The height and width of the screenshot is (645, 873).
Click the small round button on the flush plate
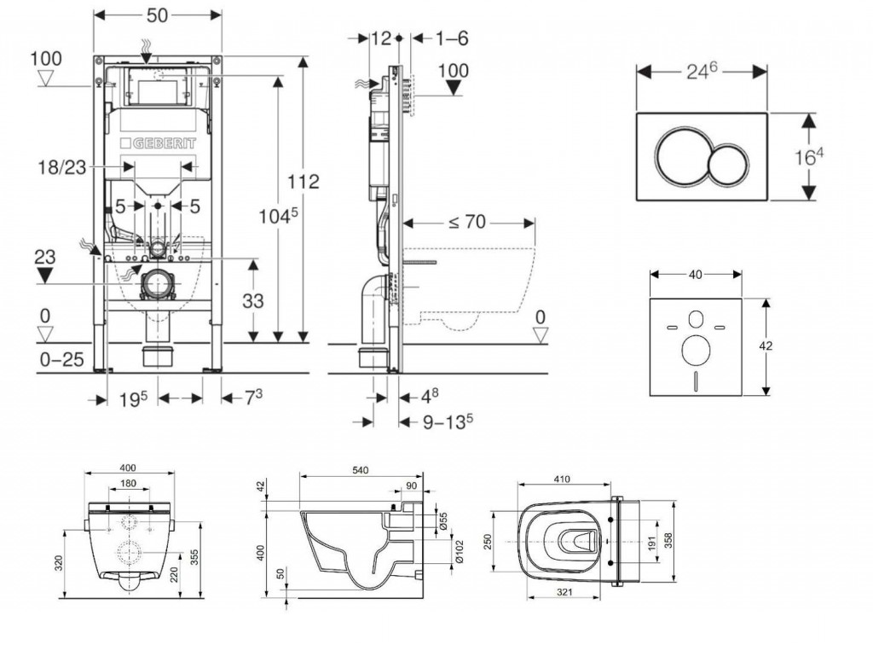coord(727,162)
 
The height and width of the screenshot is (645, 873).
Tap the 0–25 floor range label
coord(62,359)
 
